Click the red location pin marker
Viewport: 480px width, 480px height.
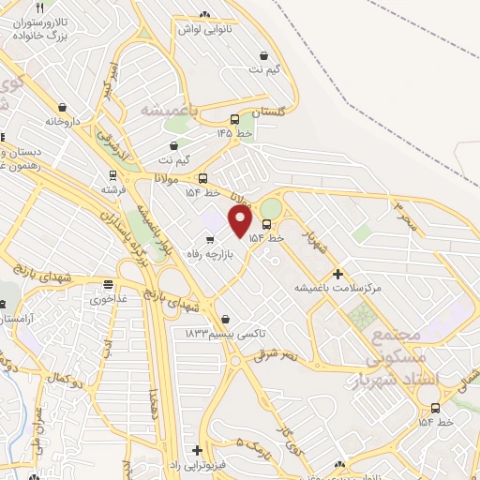pos(241,220)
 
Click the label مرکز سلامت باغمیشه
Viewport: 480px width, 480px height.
pos(338,288)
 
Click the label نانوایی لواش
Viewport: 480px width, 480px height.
pos(205,28)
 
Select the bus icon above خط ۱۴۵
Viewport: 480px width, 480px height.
pos(234,119)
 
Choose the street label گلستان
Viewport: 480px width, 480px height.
pos(267,112)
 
